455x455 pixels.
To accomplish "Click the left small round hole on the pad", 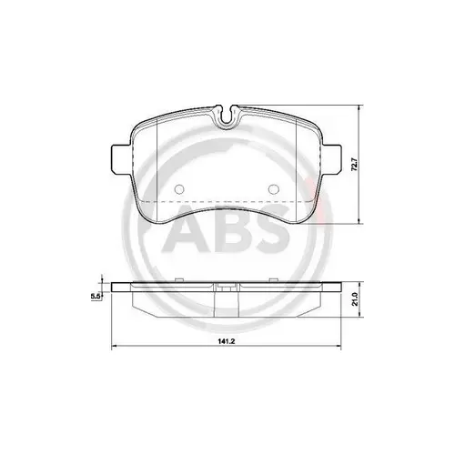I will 178,190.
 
